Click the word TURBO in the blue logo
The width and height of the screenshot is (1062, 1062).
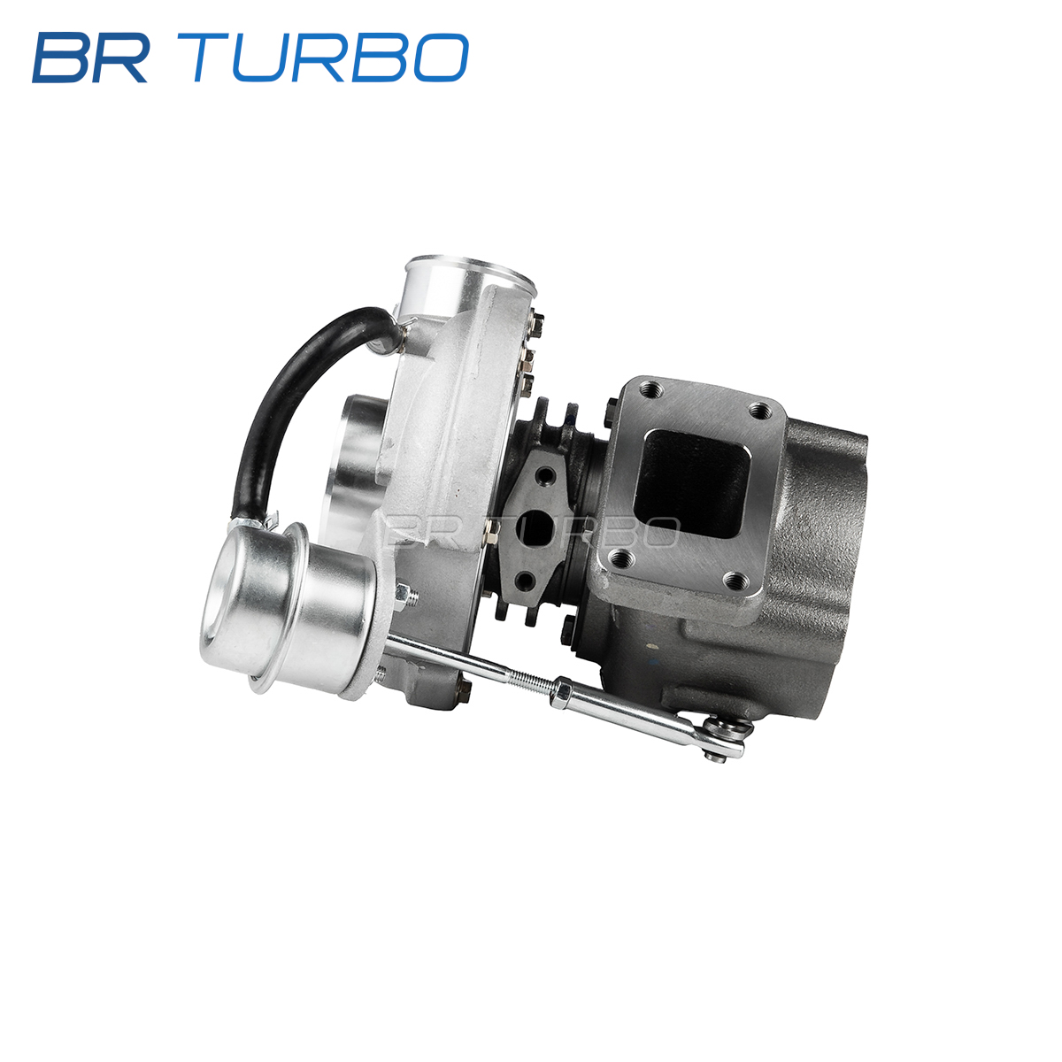tap(330, 58)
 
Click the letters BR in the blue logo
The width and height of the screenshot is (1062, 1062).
tap(91, 58)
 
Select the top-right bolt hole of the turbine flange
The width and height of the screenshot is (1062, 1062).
tap(760, 410)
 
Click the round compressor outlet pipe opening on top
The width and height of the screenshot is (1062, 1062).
tap(470, 273)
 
